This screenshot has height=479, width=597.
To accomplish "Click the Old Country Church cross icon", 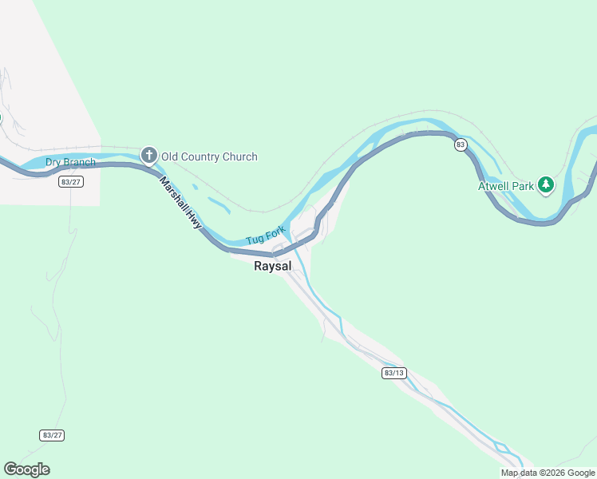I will coord(148,156).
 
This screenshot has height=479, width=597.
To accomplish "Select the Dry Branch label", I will coord(70,163).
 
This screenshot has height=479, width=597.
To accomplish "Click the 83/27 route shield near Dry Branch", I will coord(71,181).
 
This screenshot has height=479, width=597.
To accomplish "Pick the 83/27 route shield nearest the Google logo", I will coord(51,435).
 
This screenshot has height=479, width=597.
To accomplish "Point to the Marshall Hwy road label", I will coord(180,204).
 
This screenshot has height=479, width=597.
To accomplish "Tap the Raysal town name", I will coord(272,267).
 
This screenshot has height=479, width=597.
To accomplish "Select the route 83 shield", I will coord(461,144).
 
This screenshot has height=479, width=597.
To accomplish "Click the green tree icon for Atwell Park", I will coord(546,185).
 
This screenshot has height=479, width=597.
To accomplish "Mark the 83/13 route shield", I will coord(394,373).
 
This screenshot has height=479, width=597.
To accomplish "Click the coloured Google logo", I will coord(26,469).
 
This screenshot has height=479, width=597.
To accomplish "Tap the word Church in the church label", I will coord(240,156).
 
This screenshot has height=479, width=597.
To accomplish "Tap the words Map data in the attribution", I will coord(518,473).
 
